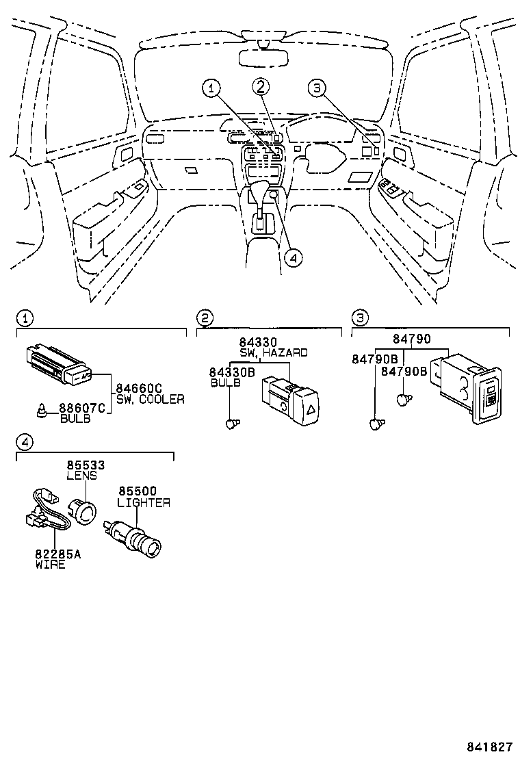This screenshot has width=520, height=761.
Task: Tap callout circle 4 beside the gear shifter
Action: pos(293,258)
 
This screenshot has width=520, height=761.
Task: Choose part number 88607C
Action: pos(82,409)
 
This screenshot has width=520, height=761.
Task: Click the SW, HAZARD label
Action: pos(273,352)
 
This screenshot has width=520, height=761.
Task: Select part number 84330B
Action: pos(232,372)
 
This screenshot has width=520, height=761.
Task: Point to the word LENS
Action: pos(81,475)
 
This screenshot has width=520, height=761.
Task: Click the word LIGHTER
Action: pos(144,503)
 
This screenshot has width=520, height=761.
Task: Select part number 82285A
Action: pos(57,554)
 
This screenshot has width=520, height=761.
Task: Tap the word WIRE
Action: pos(50,565)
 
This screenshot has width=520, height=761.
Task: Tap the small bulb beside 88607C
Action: pos(42,411)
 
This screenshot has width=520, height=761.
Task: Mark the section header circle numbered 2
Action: pos(205,318)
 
